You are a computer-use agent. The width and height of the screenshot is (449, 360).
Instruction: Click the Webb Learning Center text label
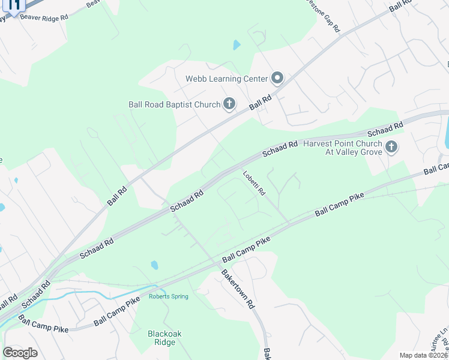(x=226, y=79)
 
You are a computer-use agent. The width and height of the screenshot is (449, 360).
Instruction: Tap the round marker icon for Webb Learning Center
(x=277, y=78)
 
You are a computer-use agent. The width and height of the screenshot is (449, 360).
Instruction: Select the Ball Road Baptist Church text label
(x=175, y=104)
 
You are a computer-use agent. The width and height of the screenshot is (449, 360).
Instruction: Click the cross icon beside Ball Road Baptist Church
(x=229, y=104)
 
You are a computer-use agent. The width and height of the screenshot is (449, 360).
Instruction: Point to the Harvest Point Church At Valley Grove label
(x=343, y=148)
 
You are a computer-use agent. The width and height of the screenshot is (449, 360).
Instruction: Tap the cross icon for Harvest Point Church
(x=391, y=147)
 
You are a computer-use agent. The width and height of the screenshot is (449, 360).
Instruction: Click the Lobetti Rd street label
(x=254, y=184)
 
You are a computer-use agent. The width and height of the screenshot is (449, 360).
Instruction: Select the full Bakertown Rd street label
(x=239, y=289)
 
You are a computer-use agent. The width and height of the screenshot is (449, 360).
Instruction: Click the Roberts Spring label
(x=169, y=296)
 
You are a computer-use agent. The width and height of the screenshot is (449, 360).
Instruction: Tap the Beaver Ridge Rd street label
(x=44, y=17)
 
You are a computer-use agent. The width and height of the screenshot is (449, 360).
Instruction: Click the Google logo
(x=20, y=352)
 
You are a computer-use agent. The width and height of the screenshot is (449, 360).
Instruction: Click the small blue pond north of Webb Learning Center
(x=237, y=45)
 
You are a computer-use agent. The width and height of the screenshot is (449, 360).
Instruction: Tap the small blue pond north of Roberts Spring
(x=155, y=265)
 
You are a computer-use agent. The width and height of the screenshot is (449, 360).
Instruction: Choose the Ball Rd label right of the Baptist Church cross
(x=261, y=102)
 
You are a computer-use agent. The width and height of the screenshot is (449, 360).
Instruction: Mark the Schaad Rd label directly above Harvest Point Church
(x=384, y=129)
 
